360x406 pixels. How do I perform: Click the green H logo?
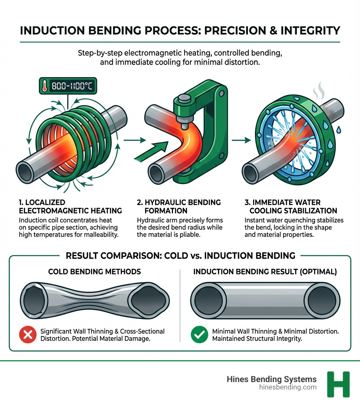pos(338,384)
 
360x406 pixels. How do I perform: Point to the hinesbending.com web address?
pos(287,387)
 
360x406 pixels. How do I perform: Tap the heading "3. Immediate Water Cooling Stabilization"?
pos(291,207)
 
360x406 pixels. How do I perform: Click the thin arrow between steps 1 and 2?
pos(135,140)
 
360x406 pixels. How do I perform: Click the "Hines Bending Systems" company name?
pos(271,379)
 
